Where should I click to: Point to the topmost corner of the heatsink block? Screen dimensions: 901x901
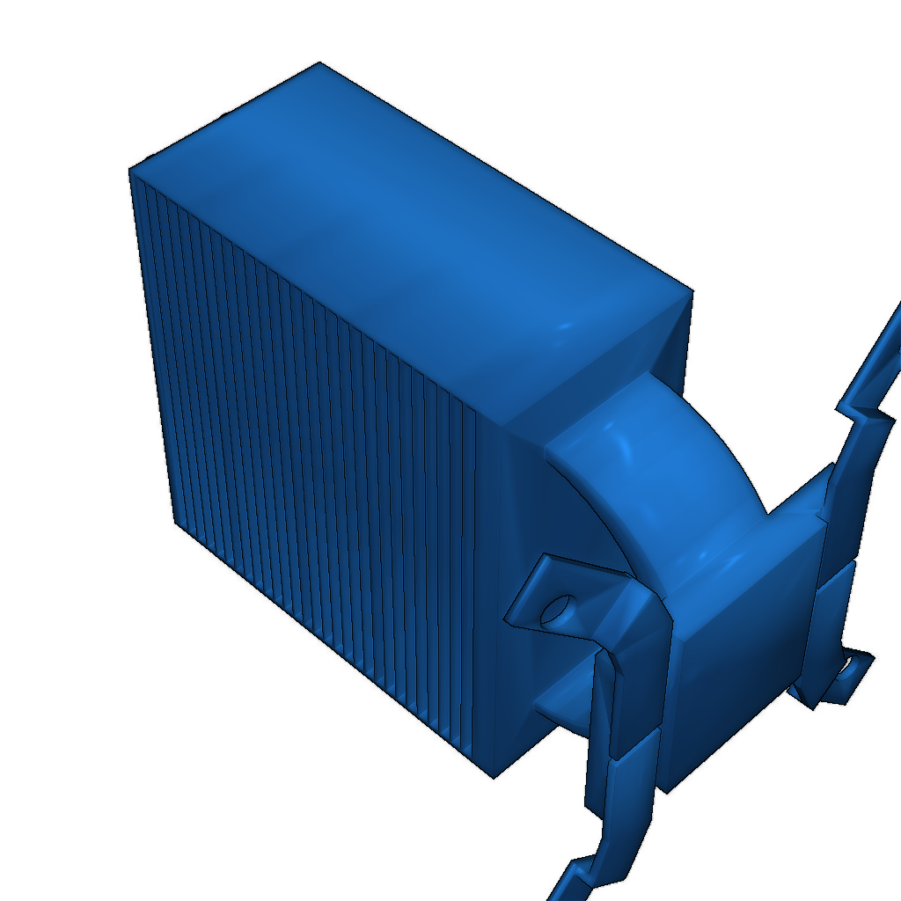[319, 63]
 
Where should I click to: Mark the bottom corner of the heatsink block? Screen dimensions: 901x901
[492, 777]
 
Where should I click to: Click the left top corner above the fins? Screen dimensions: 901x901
[131, 169]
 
